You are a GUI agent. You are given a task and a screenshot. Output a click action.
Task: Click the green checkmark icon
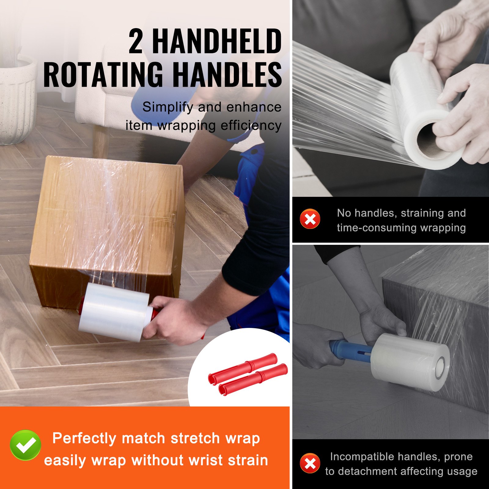coord(25,445)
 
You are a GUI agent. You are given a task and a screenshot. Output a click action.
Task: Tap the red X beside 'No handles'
coord(310,219)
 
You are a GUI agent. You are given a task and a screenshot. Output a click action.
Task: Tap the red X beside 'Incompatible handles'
coord(310,463)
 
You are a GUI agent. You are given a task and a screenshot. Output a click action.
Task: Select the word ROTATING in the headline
coord(103,75)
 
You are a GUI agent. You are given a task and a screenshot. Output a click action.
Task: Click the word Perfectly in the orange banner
coord(84,438)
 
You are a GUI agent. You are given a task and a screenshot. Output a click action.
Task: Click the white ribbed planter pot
coord(17,101)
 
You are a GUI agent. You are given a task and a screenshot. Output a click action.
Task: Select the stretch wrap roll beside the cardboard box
coord(115,312)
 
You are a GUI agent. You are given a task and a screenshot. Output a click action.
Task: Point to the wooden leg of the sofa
coord(101,141)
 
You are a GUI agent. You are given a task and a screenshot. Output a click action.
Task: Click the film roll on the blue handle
coord(410,362)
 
